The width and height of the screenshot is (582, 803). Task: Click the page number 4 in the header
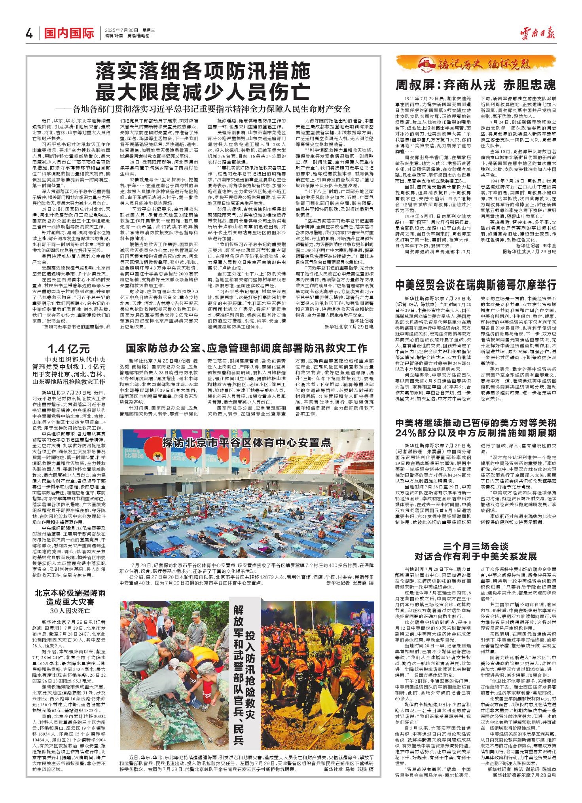28,34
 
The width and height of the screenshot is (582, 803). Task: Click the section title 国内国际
68,34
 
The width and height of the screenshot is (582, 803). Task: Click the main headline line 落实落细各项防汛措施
203,73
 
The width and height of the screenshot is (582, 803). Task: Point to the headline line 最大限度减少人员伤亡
203,93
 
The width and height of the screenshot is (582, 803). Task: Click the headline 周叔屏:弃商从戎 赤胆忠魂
476,85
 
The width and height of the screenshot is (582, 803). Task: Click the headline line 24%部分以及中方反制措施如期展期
476,432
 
